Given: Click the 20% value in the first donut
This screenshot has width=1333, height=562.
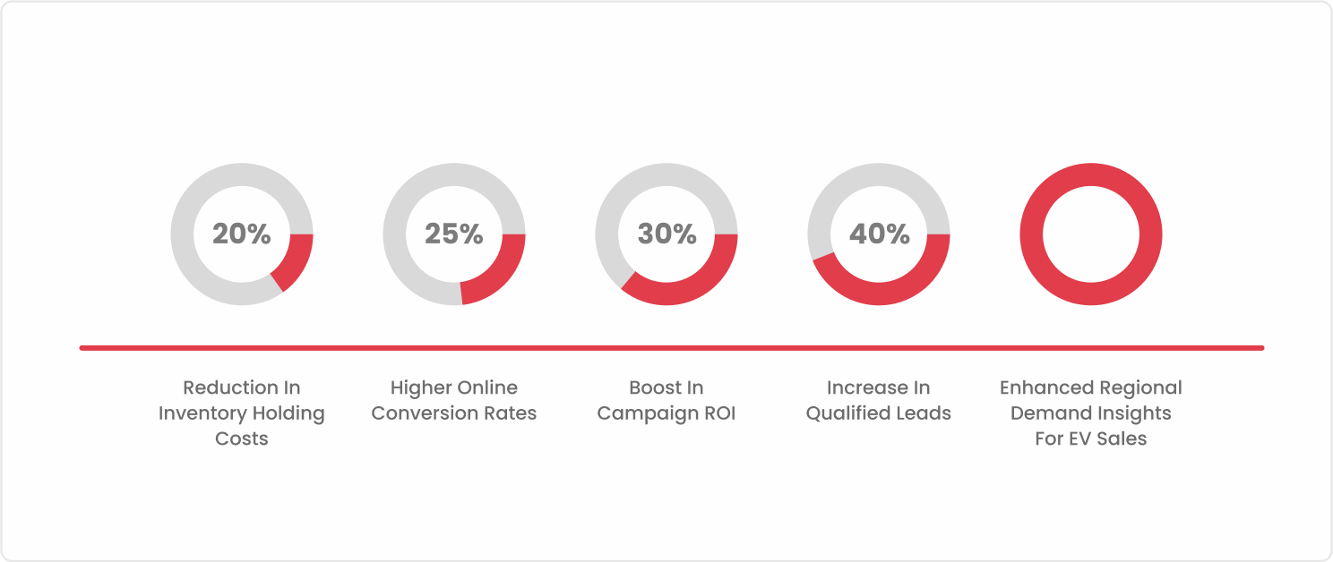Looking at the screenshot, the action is point(242,234).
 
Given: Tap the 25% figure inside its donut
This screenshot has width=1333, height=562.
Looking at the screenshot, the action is point(454,234).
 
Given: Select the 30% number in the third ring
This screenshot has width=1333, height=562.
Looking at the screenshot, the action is point(667,234).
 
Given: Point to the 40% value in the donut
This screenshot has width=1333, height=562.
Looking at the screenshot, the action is point(880,234).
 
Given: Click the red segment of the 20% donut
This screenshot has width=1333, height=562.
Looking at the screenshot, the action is point(297,261).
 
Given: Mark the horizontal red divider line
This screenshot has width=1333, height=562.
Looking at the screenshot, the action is point(672,348).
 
